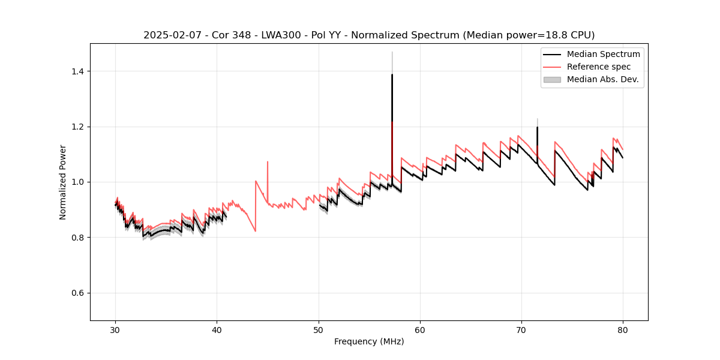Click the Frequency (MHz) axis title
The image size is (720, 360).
369,341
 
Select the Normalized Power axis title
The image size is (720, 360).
63,182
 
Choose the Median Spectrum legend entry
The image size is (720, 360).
603,54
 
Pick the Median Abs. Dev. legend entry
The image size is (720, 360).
602,79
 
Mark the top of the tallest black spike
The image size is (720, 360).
392,74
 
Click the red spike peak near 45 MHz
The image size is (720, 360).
268,161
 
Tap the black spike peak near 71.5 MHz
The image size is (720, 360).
537,127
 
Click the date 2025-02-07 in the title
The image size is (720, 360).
170,35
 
